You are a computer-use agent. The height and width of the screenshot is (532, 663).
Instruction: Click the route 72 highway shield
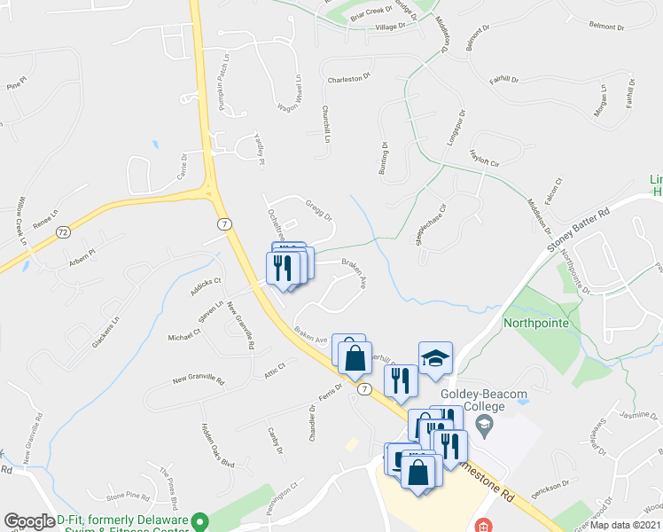(63, 232)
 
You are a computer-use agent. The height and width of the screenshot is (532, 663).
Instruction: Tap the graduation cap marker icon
(435, 356)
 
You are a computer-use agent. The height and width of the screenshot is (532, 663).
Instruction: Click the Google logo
(28, 522)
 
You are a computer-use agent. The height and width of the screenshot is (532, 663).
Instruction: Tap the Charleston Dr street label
(347, 79)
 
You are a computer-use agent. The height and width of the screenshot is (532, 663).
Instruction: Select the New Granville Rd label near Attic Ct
(199, 382)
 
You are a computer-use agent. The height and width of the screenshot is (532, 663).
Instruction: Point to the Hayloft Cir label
(485, 158)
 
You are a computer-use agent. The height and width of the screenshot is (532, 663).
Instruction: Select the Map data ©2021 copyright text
(626, 525)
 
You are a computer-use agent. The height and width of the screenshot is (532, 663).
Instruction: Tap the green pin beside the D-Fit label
(200, 521)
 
